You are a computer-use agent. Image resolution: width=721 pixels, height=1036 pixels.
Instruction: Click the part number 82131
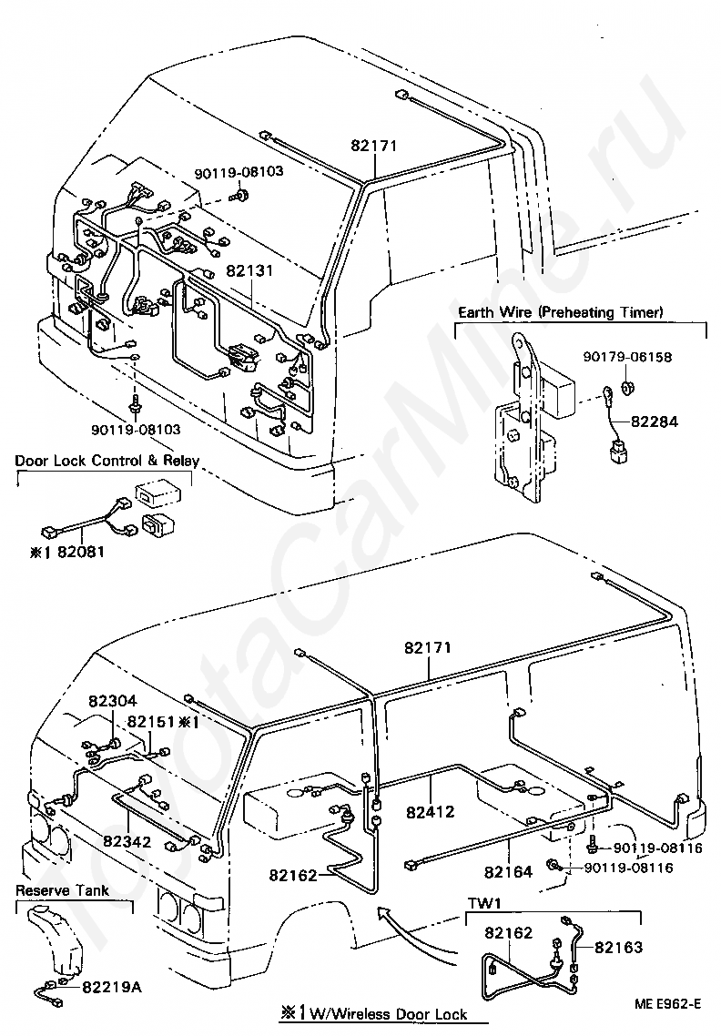pos(249,271)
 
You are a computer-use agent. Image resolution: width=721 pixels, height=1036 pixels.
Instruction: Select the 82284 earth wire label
pos(655,422)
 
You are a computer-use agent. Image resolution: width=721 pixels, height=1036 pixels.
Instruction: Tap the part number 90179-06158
pos(627,357)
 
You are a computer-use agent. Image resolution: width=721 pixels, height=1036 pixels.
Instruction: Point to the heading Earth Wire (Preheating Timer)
pos(561,312)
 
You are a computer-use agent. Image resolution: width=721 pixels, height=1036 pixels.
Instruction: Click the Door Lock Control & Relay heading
pos(107,461)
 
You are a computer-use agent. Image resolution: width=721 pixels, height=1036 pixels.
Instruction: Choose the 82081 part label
pos(81,551)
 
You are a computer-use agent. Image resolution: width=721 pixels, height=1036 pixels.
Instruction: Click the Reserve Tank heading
pos(62,890)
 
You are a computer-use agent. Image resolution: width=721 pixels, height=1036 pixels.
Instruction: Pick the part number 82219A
pos(112,987)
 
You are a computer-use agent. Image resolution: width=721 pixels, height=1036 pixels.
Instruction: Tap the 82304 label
pos(112,702)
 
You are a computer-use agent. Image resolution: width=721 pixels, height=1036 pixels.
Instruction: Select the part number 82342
pos(127,842)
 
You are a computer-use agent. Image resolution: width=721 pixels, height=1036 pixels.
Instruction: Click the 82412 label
pos(431,811)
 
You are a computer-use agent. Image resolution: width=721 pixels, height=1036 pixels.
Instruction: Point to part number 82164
pos(508,872)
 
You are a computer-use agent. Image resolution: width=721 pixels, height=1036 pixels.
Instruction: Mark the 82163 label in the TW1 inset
pos(618,948)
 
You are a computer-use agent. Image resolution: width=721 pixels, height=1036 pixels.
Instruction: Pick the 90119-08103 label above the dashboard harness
pos(239,172)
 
